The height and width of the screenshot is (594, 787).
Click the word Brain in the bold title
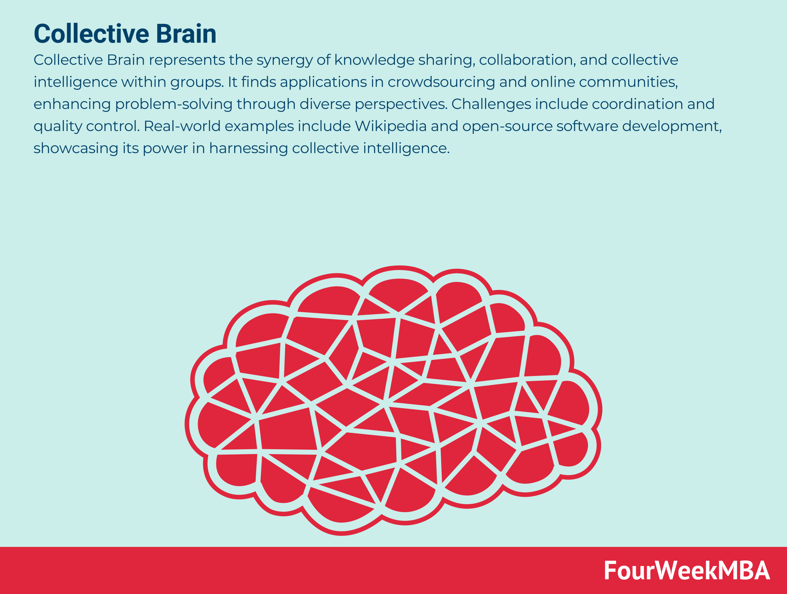186,34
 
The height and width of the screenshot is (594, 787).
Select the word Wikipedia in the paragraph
390,126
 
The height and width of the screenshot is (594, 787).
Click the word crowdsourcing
441,82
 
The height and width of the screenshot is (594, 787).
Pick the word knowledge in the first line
374,61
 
